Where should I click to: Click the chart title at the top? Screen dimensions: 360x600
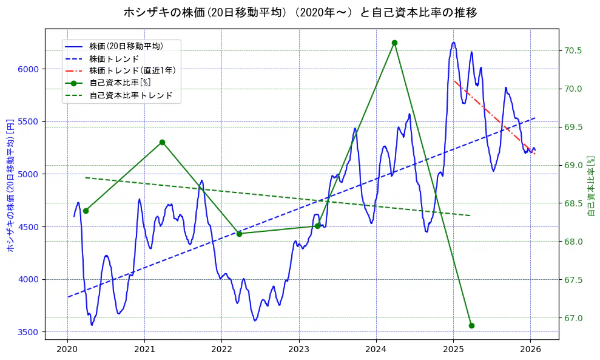(300, 12)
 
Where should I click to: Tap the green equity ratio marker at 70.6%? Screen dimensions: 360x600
(394, 42)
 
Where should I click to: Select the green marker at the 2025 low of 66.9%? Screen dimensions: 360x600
(471, 325)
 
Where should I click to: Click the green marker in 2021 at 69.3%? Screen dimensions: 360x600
(162, 142)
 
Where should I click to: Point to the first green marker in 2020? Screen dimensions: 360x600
(86, 211)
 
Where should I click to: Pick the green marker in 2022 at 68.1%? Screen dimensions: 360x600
(239, 234)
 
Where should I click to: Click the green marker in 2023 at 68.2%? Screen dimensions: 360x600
(317, 226)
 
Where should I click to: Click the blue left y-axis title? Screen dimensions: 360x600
(10, 185)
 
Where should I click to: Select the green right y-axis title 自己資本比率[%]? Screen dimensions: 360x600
(592, 185)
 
